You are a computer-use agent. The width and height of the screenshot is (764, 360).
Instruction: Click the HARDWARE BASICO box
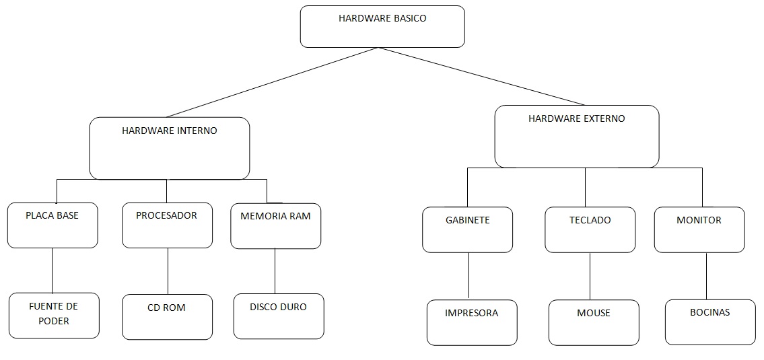[382, 27]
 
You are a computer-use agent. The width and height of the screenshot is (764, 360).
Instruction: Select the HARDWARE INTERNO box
[169, 149]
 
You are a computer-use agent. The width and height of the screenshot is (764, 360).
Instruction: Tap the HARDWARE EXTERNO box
[577, 137]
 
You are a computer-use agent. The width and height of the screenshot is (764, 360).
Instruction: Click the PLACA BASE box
[53, 225]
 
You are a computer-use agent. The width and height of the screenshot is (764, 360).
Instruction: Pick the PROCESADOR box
[167, 225]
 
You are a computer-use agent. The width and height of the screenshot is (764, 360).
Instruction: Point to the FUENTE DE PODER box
[54, 315]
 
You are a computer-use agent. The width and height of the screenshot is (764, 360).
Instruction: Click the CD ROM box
[167, 316]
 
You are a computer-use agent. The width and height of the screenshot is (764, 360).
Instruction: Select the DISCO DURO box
[279, 316]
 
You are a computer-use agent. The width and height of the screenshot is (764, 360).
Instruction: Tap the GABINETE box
[467, 229]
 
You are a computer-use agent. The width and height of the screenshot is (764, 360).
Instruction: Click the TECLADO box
[590, 229]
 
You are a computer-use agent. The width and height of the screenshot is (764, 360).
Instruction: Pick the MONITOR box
[699, 229]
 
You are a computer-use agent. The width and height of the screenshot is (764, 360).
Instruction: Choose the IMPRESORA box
[472, 322]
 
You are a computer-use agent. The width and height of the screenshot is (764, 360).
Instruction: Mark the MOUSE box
[594, 322]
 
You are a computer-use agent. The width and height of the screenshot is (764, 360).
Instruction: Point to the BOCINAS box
[710, 322]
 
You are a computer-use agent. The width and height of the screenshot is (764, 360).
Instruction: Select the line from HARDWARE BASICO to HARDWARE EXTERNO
[483, 76]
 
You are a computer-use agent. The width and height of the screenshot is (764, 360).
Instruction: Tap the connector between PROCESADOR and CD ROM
[168, 271]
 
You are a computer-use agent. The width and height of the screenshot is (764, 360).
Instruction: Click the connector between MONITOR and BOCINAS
[706, 276]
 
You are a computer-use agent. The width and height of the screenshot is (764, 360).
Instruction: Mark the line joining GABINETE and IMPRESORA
[468, 277]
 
